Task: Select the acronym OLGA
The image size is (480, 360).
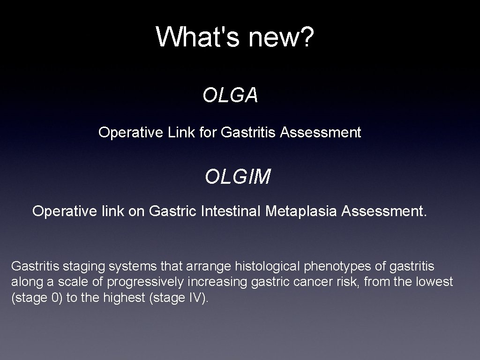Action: (230, 95)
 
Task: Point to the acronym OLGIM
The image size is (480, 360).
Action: (238, 177)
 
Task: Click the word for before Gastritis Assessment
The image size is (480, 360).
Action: (208, 133)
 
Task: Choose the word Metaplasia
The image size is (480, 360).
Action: (301, 211)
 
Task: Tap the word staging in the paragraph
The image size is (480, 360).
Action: (87, 267)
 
